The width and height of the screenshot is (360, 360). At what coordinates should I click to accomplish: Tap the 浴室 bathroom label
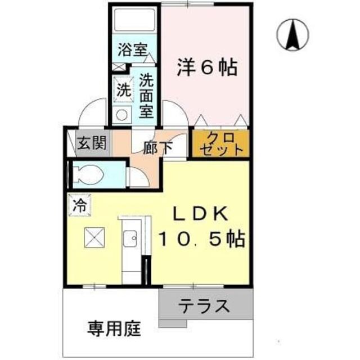pyautogui.click(x=132, y=49)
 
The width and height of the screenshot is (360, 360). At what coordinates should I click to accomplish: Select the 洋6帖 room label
pyautogui.click(x=208, y=67)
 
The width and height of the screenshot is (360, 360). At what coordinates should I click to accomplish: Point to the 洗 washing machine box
pyautogui.click(x=122, y=89)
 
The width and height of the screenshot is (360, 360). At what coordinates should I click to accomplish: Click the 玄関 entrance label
pyautogui.click(x=92, y=143)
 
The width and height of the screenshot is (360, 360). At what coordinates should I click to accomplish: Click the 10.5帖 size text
pyautogui.click(x=200, y=240)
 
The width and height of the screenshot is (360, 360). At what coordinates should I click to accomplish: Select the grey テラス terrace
pyautogui.click(x=205, y=306)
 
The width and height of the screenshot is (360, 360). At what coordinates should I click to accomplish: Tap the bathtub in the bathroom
pyautogui.click(x=135, y=22)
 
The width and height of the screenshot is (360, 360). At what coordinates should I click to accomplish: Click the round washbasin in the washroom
pyautogui.click(x=121, y=115)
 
